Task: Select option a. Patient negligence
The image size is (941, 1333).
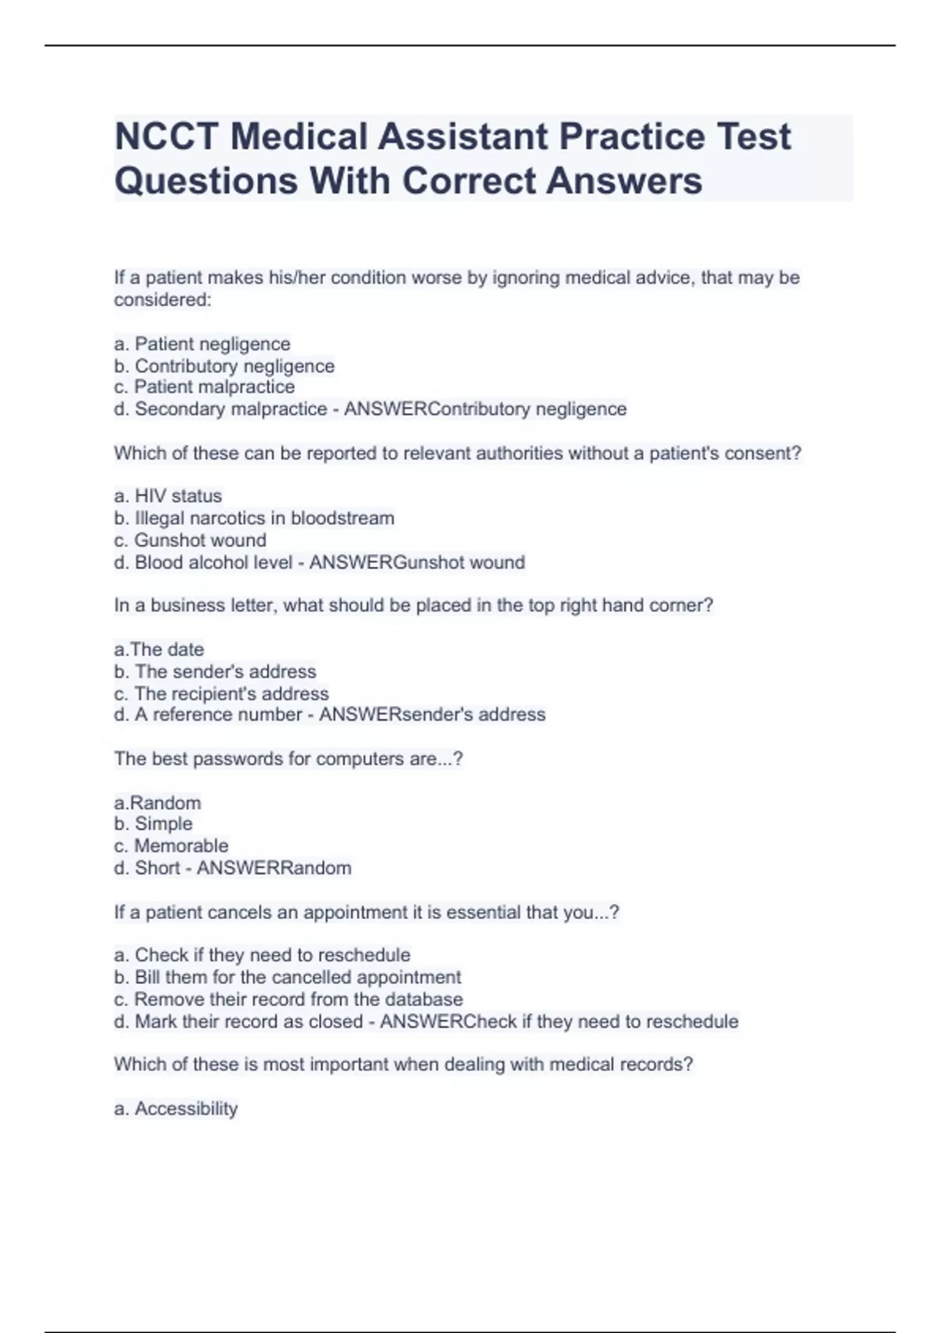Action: [x=202, y=344]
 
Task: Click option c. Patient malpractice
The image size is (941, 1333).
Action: [x=205, y=387]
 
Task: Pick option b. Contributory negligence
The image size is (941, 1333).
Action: [x=224, y=366]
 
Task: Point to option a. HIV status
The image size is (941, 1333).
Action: [x=168, y=496]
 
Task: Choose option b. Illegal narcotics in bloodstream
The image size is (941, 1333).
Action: [x=254, y=518]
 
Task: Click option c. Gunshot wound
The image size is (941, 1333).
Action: [x=191, y=540]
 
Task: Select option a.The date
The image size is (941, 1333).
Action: [x=159, y=649]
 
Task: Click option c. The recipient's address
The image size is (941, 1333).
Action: [x=221, y=694]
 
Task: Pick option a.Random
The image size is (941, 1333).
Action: [x=158, y=803]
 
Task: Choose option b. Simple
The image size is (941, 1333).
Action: [x=154, y=824]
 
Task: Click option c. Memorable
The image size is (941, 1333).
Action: [x=172, y=846]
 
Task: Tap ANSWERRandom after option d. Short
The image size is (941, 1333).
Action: [x=274, y=868]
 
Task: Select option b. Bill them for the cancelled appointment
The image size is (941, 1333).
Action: [x=288, y=978]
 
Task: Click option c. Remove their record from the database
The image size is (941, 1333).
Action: [x=289, y=1000]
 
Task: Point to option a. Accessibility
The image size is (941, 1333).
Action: [x=176, y=1109]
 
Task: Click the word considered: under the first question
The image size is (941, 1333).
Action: [x=163, y=300]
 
